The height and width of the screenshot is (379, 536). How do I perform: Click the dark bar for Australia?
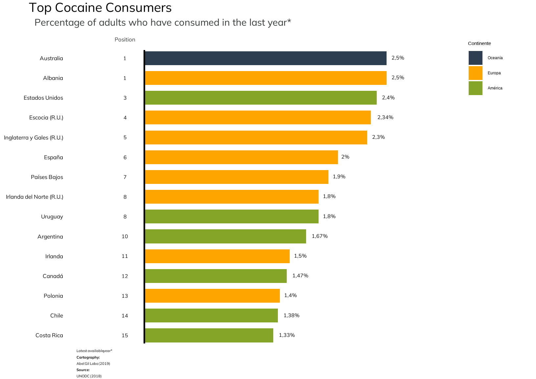coord(265,58)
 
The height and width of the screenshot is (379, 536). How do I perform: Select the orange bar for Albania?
coord(265,78)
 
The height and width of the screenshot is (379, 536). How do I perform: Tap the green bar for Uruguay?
coord(232,216)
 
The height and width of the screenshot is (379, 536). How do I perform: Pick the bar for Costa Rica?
coord(209,335)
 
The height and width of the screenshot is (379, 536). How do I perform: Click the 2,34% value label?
coord(385,117)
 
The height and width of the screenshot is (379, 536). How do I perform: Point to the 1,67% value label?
coord(320,236)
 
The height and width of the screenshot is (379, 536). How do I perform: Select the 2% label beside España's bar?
coord(345,157)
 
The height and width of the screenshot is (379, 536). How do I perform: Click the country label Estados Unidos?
coord(43,98)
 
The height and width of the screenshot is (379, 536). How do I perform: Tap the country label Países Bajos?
coord(47,177)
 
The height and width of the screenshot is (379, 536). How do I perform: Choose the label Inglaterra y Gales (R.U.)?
coord(33,138)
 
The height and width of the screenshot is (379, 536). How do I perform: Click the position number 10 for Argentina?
coord(125,237)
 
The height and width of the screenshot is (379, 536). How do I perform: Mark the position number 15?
coord(125,336)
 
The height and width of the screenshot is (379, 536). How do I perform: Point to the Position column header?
coord(125,40)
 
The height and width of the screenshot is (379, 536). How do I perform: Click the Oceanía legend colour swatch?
coord(475,58)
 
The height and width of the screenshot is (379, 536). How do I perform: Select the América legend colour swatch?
coord(475,88)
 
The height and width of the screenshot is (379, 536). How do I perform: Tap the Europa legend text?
coord(494,73)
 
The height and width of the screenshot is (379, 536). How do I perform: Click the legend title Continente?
coord(479,43)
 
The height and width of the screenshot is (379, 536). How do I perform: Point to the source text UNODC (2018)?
coord(89,376)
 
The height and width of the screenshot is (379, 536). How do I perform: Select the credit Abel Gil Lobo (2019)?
coord(93,364)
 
